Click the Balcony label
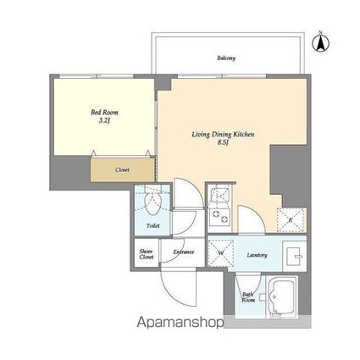pyautogui.click(x=226, y=58)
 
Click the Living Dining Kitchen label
pyautogui.click(x=222, y=135)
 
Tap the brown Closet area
pyautogui.click(x=122, y=169)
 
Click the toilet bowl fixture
pyautogui.click(x=153, y=204)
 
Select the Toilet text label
pyautogui.click(x=152, y=226)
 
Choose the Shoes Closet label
pyautogui.click(x=146, y=254)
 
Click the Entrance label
pyautogui.click(x=184, y=252)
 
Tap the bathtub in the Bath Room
pyautogui.click(x=283, y=296)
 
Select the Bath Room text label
pyautogui.click(x=248, y=297)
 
